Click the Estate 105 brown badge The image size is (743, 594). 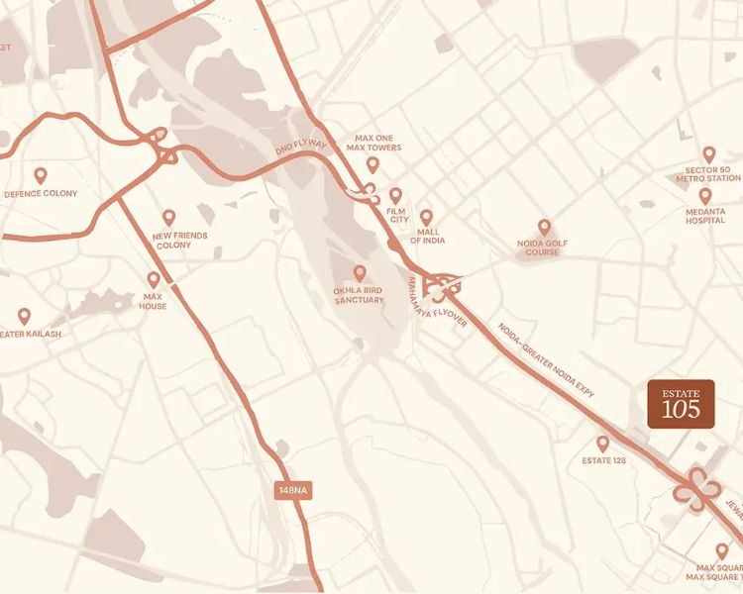(681, 404)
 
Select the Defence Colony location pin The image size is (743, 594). (41, 175)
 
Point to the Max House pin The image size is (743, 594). (154, 280)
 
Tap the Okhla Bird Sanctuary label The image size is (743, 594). (359, 294)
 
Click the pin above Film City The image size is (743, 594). (395, 196)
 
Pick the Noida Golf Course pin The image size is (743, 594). (544, 228)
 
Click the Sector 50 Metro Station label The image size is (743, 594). (707, 173)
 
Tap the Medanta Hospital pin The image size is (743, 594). (705, 195)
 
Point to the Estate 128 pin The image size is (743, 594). (602, 444)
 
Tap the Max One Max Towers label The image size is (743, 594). (372, 143)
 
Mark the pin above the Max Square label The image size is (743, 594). (722, 550)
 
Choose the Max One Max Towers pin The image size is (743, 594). (372, 164)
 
